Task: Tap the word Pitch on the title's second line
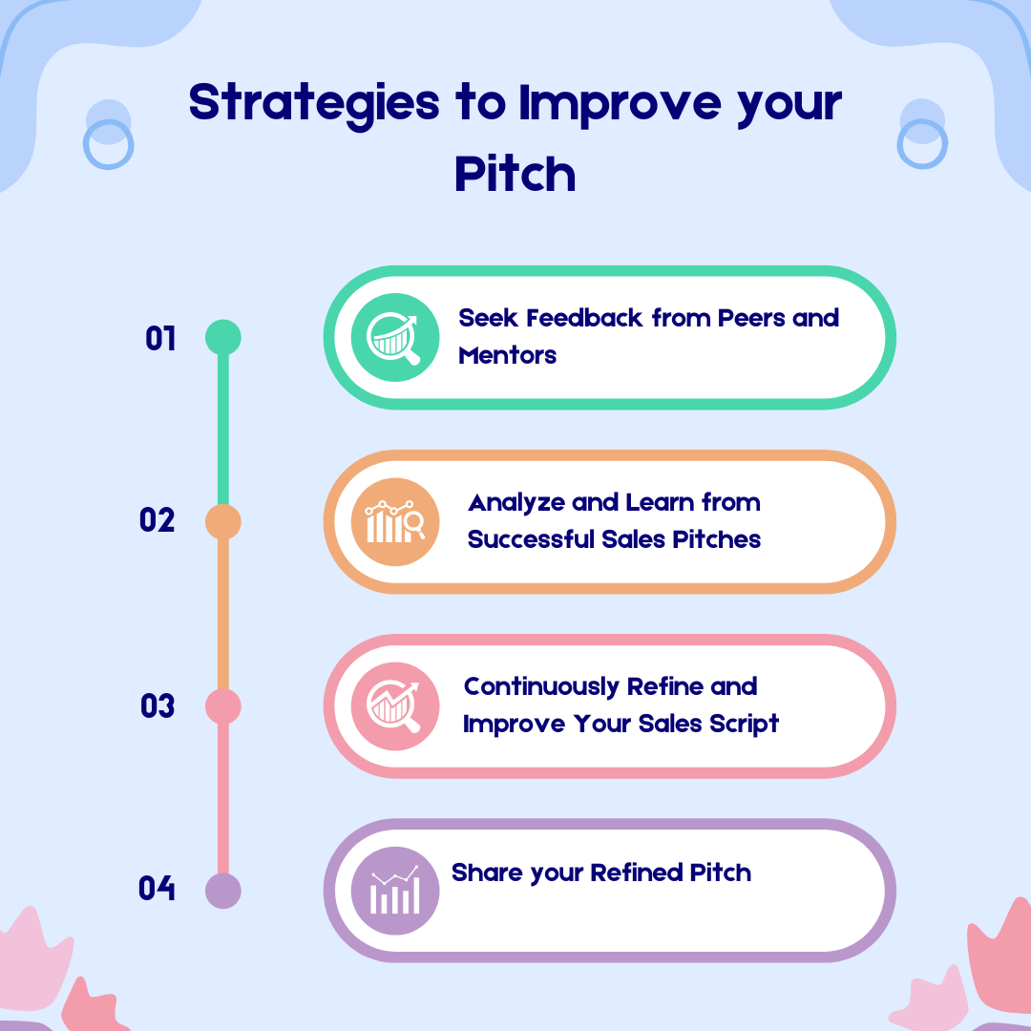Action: (515, 175)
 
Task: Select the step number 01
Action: (161, 338)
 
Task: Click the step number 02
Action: (158, 521)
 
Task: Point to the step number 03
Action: (158, 706)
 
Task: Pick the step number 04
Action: (158, 889)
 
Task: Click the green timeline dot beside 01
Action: (223, 337)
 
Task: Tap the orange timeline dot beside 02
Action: (223, 522)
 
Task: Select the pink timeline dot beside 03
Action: (223, 706)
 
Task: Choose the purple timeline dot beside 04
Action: (223, 891)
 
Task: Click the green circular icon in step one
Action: (395, 337)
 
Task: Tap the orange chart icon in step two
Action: (395, 522)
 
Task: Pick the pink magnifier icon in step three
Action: (395, 706)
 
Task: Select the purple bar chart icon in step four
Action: (395, 891)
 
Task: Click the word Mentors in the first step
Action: (507, 356)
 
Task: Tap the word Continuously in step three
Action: (540, 686)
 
